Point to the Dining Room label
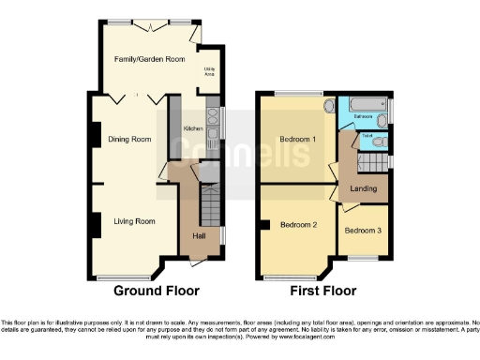point(128,140)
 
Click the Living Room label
point(134,221)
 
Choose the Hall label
point(200,235)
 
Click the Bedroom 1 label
point(296,140)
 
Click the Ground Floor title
point(156,292)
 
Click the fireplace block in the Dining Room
point(96,136)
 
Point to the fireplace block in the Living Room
point(96,224)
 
